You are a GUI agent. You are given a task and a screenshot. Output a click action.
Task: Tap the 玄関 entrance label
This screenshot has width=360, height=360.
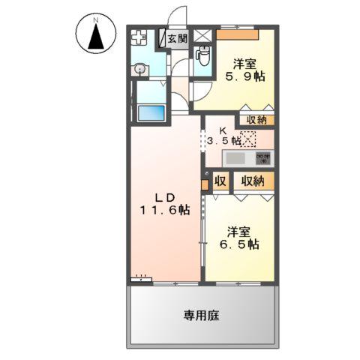point(178,38)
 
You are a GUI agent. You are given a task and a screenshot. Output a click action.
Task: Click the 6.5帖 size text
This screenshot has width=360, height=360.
point(241,244)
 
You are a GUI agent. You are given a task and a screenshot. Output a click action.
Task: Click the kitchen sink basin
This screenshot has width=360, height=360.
point(236,159)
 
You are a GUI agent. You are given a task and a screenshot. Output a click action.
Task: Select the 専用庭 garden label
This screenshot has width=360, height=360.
point(202,316)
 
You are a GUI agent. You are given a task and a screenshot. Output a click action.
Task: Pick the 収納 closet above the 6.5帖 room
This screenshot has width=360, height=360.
point(252,181)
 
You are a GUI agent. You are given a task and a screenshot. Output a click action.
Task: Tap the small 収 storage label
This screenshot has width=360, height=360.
point(220,181)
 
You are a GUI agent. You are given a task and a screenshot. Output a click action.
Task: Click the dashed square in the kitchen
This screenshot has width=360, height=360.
point(249,139)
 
